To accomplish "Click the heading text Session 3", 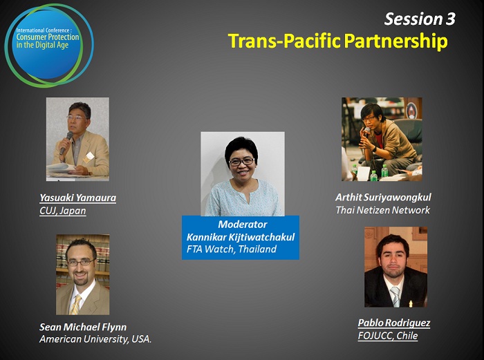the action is point(420,19).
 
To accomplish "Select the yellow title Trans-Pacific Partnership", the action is point(337,41).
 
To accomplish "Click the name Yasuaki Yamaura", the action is point(77,198).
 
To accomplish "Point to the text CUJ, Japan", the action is point(63,211).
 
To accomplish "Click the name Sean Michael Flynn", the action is point(83,327).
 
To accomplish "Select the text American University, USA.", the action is point(95,339).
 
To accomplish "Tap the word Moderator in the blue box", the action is point(243,225).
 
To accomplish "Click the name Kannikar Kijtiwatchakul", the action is point(241,237).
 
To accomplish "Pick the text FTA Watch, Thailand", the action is point(232,249).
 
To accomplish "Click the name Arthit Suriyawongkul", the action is point(383,198).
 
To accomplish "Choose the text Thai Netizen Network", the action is point(383,210).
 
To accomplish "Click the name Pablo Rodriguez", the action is point(394,323).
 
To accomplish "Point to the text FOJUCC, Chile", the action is point(388,336).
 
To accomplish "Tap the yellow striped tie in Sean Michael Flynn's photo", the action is point(75,305).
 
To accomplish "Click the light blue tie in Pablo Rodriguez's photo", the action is point(395,296).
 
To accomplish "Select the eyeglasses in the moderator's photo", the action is point(242,161).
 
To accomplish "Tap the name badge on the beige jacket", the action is point(89,157).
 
